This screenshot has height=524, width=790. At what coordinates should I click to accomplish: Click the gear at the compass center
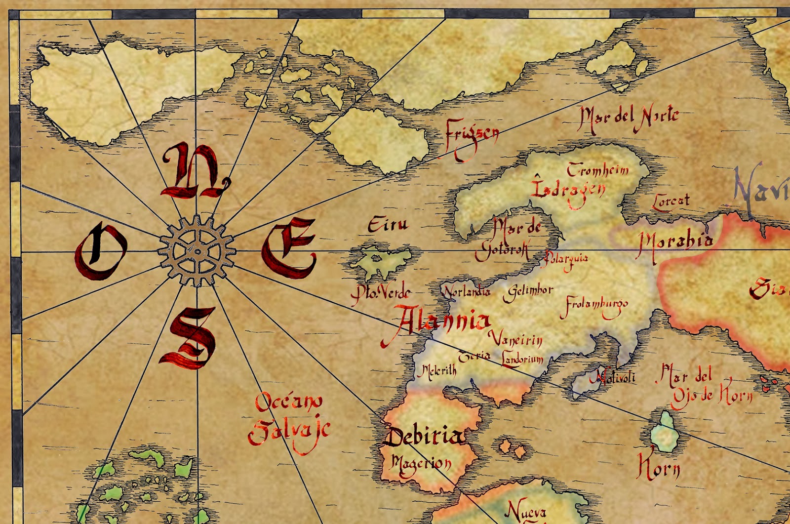[197, 251]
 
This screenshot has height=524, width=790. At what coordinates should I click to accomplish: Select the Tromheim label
[598, 170]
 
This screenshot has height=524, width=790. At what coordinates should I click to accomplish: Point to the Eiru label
[388, 225]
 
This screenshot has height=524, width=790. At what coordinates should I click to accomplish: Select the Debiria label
[425, 437]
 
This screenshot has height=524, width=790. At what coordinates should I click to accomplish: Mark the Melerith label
[436, 370]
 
